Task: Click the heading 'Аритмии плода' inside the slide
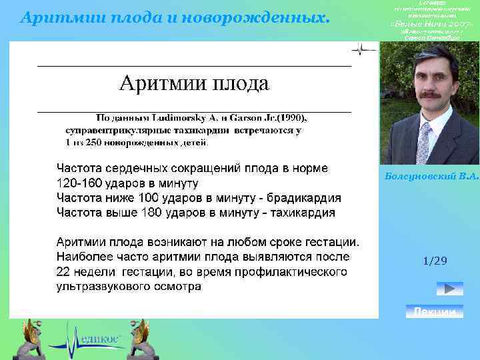pyautogui.click(x=193, y=84)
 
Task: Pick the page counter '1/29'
pyautogui.click(x=435, y=261)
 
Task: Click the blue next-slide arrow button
pyautogui.click(x=449, y=289)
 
